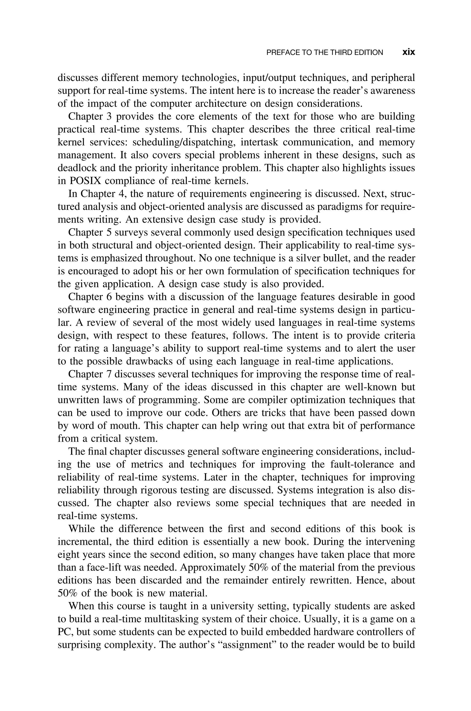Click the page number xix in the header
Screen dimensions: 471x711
point(408,52)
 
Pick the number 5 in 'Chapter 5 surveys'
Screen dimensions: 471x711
point(109,232)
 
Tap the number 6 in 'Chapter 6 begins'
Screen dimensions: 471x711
point(109,297)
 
